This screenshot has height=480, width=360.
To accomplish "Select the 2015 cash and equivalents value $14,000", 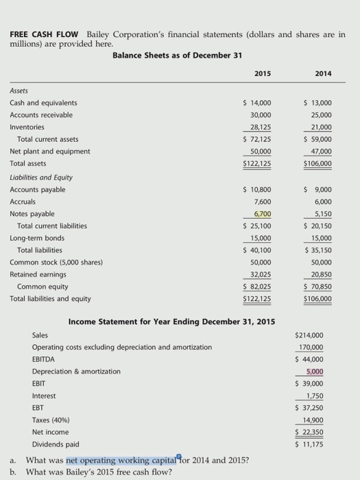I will (x=258, y=103).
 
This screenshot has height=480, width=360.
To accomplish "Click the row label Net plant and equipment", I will (x=49, y=151).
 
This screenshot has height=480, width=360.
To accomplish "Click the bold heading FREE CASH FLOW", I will (x=43, y=34).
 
